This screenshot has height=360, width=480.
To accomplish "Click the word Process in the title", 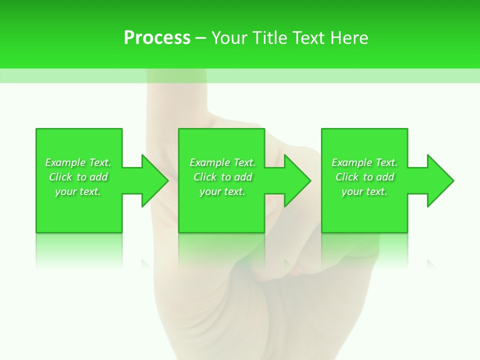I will [157, 38].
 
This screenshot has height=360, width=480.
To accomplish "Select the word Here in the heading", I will [349, 38].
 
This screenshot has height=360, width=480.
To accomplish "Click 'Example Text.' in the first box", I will [78, 162].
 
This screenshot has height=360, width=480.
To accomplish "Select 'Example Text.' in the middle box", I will [222, 162].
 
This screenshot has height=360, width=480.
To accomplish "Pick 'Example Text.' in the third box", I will [364, 162].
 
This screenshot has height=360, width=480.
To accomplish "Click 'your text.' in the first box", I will [78, 191].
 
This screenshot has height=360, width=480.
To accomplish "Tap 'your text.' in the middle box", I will [222, 191].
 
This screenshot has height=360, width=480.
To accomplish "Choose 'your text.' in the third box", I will [364, 191].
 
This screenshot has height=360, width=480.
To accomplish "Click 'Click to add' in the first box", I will [78, 177].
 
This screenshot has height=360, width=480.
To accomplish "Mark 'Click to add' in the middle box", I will [222, 177].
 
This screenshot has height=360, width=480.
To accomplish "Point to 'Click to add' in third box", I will [364, 177].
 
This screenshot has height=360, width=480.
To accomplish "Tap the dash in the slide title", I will [200, 38].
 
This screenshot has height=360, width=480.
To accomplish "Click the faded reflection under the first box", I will [78, 250].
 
